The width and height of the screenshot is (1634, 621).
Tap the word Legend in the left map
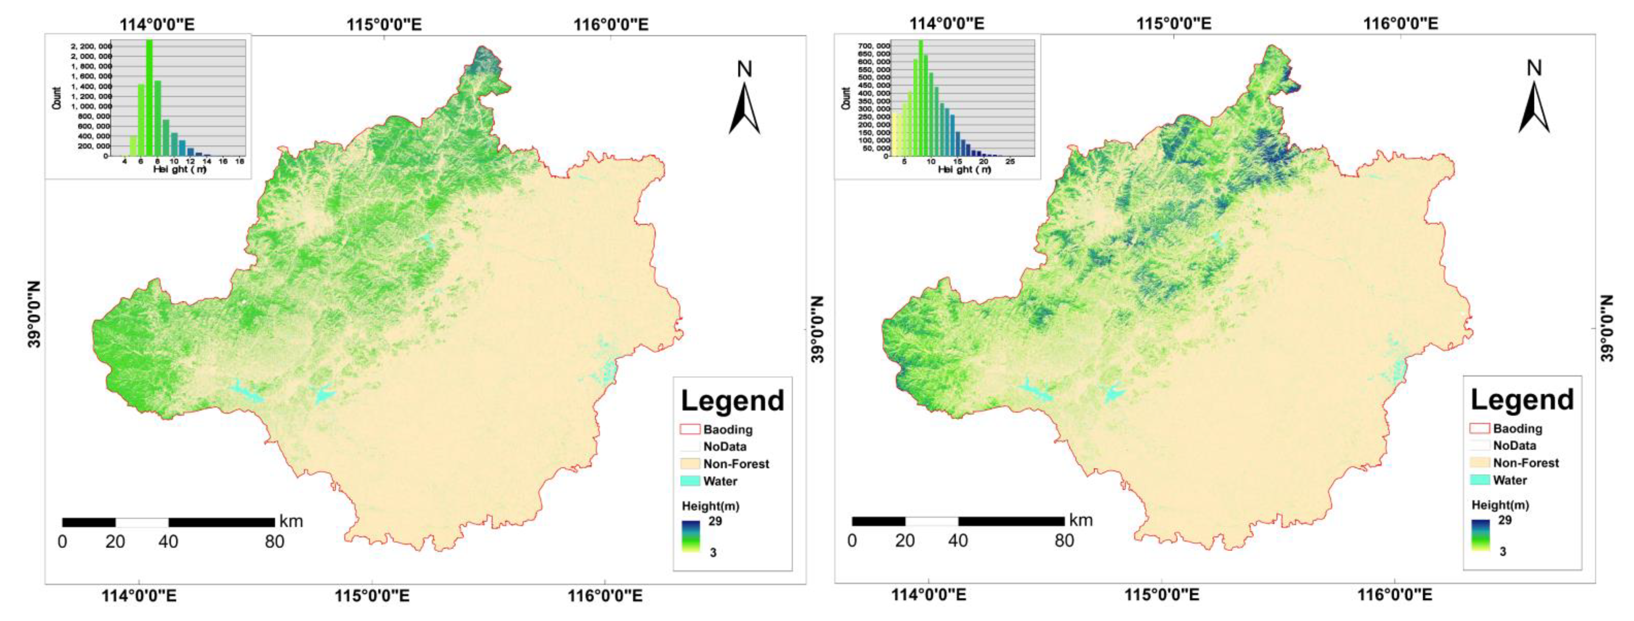pyautogui.click(x=733, y=401)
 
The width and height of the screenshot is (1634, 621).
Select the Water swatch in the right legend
pyautogui.click(x=1480, y=480)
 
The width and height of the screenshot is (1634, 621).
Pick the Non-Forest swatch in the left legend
pyautogui.click(x=690, y=464)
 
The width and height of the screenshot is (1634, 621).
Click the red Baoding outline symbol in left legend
pyautogui.click(x=690, y=429)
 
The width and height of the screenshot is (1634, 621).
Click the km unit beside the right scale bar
pyautogui.click(x=1081, y=520)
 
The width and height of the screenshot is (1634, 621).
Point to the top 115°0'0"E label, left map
pyautogui.click(x=384, y=25)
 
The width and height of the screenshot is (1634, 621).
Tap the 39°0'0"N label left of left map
pyautogui.click(x=34, y=314)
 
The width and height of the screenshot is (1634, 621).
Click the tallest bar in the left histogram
pyautogui.click(x=150, y=98)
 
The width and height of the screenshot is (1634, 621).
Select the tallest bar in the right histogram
pyautogui.click(x=920, y=98)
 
